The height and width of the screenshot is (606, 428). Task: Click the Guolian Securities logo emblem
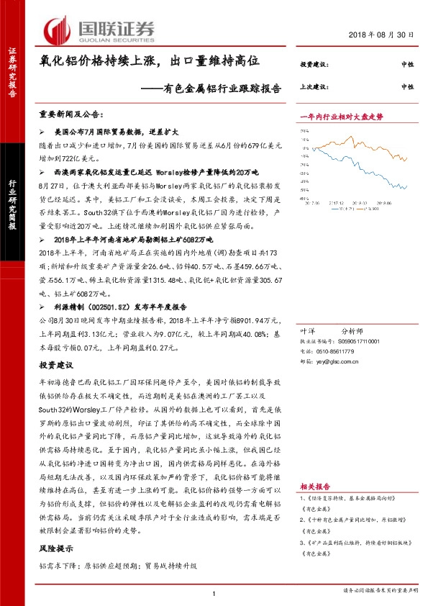click(58, 30)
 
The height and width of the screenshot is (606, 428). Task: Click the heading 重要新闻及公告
click(71, 114)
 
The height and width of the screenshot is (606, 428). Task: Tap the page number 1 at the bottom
click(214, 591)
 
